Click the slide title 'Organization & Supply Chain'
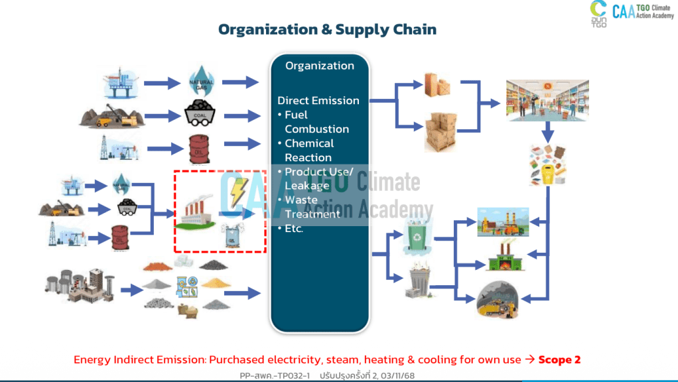(327, 29)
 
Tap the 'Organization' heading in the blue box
(320, 66)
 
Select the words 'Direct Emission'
(318, 101)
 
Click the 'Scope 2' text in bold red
(559, 359)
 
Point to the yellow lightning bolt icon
(237, 190)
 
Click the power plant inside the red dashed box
(200, 214)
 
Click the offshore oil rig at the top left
(124, 82)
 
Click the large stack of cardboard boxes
(440, 131)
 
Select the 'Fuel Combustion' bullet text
(312, 122)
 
